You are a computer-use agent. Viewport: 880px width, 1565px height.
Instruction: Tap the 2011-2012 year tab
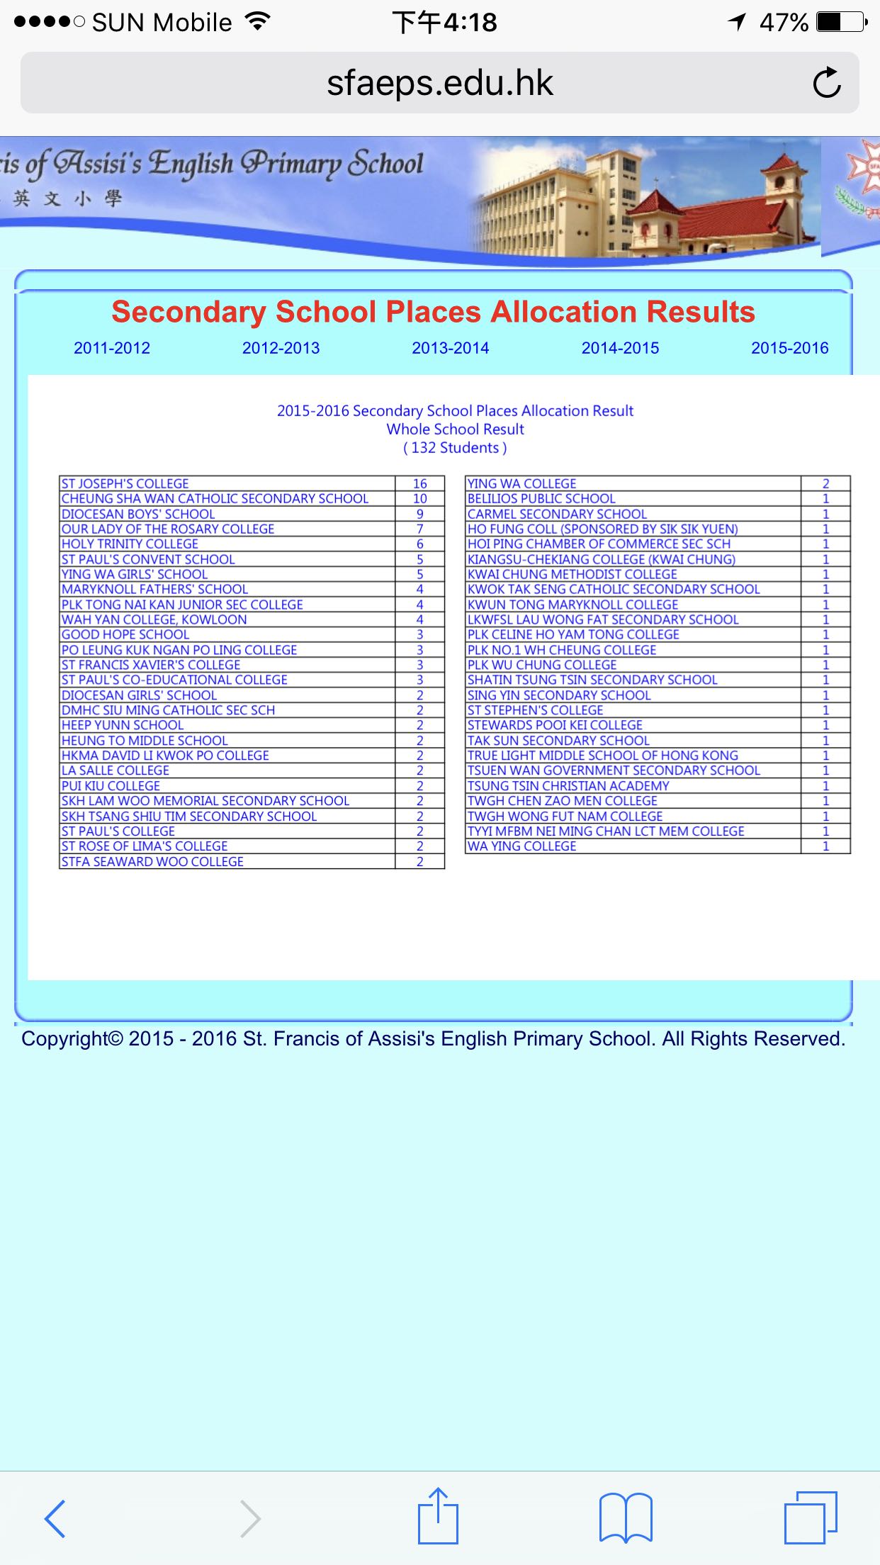click(x=112, y=348)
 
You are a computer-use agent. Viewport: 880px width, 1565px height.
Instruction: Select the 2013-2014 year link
click(x=451, y=348)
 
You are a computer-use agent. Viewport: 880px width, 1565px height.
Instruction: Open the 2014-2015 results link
click(x=620, y=348)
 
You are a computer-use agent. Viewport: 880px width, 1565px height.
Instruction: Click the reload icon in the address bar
click(x=826, y=83)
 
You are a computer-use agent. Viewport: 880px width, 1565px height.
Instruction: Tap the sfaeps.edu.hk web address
click(x=439, y=83)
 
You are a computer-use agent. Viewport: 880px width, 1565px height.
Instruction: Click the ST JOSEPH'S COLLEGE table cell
click(x=125, y=483)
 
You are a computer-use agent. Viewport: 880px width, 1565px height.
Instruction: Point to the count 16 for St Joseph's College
click(x=419, y=483)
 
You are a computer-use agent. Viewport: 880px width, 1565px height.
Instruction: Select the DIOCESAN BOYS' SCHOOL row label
click(x=138, y=514)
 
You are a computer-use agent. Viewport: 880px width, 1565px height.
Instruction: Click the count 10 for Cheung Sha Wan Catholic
click(x=419, y=499)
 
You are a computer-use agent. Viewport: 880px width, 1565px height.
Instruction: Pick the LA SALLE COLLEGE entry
click(x=115, y=770)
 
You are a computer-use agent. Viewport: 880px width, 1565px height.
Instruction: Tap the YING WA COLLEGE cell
click(x=522, y=483)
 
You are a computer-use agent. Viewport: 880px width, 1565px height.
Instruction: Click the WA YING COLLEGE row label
click(x=522, y=846)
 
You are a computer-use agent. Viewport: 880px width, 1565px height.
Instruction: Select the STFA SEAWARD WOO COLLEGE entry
click(x=152, y=861)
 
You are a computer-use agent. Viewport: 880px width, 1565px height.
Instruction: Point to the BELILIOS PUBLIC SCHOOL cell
click(x=541, y=499)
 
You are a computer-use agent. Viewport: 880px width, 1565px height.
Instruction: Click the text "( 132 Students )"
click(x=455, y=448)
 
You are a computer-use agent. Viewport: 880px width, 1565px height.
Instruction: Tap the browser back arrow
click(x=55, y=1518)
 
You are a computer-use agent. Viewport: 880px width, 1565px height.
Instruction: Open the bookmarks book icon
click(x=625, y=1518)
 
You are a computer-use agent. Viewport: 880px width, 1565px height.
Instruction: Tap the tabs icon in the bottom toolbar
click(x=811, y=1518)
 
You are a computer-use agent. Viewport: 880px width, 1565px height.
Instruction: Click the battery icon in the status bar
click(x=841, y=23)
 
